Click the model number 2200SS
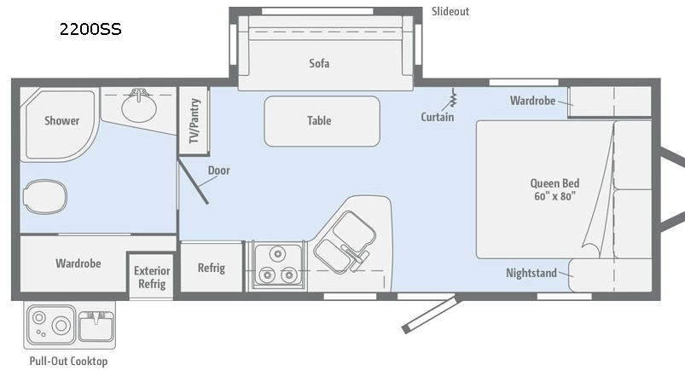coord(90,29)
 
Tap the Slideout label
coord(450,11)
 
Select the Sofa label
coord(319,63)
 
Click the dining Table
coord(322,121)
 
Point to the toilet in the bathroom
coord(45,197)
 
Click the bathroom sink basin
coord(139,107)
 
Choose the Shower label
coord(61,120)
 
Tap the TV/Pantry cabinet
coord(194,120)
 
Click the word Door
coord(219,171)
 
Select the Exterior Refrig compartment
coord(152,275)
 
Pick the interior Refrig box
coord(212,267)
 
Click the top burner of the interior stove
coord(277,253)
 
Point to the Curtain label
coord(438,117)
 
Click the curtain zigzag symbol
coord(454,98)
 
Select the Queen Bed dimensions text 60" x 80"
coord(554,196)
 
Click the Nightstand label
coord(531,273)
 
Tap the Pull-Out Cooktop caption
coord(68,361)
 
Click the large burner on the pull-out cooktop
coord(61,325)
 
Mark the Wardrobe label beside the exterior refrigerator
coord(78,263)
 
